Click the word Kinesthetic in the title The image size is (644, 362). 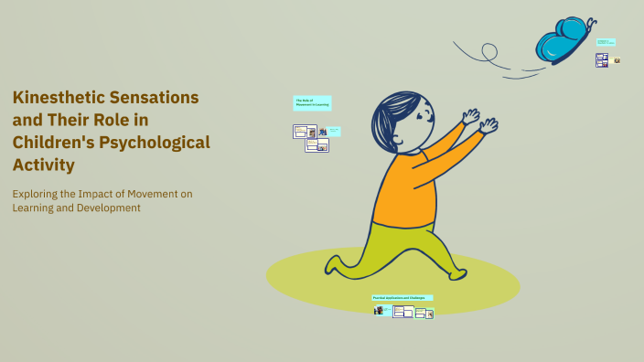click(x=59, y=97)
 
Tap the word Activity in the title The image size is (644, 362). click(x=43, y=165)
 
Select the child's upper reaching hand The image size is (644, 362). click(x=471, y=116)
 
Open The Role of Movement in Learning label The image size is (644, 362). click(x=312, y=102)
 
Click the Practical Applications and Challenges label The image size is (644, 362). click(x=402, y=297)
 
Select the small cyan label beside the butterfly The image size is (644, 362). click(x=605, y=42)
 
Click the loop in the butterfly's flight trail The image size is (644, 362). click(x=488, y=50)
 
